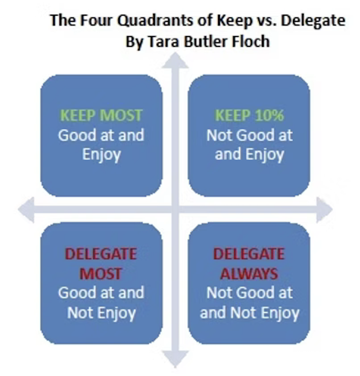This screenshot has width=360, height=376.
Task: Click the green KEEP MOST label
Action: click(x=101, y=116)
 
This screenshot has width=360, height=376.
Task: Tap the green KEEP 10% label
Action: click(x=249, y=116)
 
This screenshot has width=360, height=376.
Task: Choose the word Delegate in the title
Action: click(x=313, y=21)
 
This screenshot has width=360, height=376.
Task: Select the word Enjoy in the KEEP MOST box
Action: click(x=101, y=155)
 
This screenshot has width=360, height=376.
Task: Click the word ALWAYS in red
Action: click(x=249, y=273)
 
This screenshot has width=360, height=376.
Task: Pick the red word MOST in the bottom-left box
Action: click(x=101, y=273)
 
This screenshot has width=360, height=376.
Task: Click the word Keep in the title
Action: click(x=233, y=21)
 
